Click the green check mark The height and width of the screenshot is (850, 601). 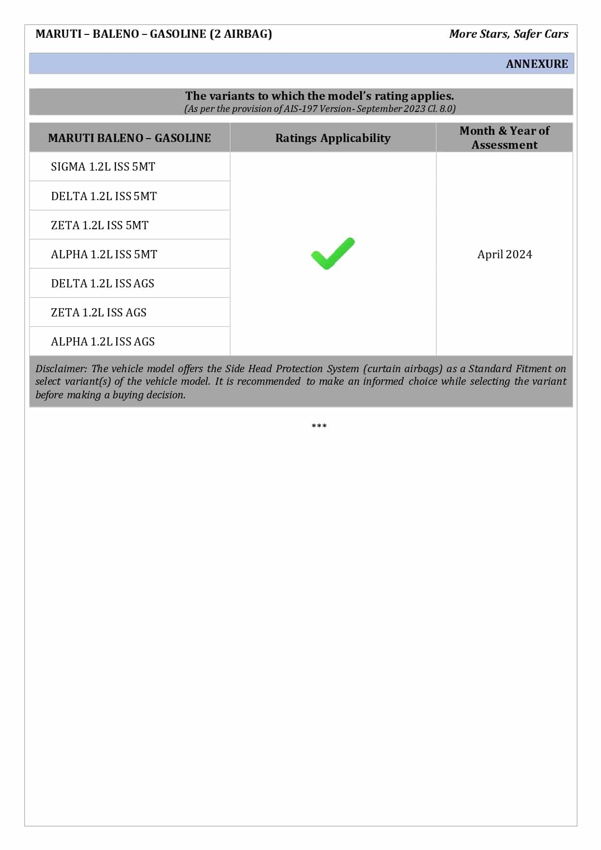click(332, 253)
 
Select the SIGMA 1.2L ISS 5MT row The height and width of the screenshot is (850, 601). click(103, 167)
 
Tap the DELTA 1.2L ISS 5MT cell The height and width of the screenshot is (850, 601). click(104, 196)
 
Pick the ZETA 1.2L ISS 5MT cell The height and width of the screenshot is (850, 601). click(99, 225)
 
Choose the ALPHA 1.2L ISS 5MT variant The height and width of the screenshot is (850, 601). click(104, 254)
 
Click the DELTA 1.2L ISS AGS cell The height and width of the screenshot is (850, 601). click(102, 283)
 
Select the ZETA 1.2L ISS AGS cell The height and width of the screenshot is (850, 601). click(98, 313)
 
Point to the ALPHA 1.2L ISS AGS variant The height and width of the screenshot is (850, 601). click(103, 342)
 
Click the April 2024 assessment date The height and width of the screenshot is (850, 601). click(505, 254)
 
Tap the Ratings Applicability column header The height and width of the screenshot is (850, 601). click(332, 138)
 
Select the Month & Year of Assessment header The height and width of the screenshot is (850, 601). click(504, 138)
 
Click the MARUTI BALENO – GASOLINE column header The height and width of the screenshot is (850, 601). click(129, 138)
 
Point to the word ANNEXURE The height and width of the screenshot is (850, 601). click(537, 64)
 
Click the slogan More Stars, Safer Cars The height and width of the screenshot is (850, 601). click(508, 34)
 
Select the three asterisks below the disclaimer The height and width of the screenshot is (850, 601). click(319, 426)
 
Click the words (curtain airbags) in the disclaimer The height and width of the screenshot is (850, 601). click(403, 369)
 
